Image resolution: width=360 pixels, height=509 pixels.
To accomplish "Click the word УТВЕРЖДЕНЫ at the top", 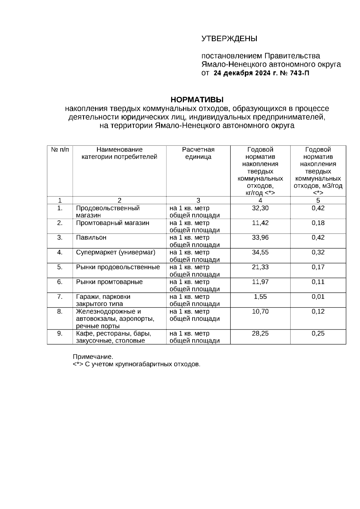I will tap(229, 39).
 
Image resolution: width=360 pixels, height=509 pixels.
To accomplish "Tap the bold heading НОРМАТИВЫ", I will tap(197, 100).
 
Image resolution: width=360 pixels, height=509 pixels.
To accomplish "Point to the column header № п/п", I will tap(60, 150).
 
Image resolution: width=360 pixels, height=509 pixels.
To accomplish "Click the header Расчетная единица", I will tap(198, 153).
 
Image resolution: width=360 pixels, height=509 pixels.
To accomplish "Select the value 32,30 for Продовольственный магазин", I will tap(260, 208).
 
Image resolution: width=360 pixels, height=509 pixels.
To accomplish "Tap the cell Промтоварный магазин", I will tap(112, 223).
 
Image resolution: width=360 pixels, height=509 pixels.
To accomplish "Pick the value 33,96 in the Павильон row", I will tap(260, 238).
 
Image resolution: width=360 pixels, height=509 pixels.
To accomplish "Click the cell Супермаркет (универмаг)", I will tap(115, 252).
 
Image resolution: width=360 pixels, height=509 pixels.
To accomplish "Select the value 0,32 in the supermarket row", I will tap(318, 252).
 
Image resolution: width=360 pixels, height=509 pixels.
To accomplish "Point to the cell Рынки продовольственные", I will tap(118, 267).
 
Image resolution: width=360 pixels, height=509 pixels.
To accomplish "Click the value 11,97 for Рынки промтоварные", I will tap(260, 282).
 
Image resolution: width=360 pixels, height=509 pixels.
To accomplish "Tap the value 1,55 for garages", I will tap(260, 297).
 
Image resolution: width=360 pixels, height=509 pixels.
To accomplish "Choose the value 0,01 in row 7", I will tap(318, 297).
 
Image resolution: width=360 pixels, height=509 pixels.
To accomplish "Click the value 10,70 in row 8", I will tap(260, 311).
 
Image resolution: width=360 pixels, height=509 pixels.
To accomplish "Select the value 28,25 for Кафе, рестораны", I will tap(260, 334).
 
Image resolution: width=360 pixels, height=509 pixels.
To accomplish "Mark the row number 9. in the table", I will tap(60, 334).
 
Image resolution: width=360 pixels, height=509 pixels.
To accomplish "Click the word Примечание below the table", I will tap(93, 357).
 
